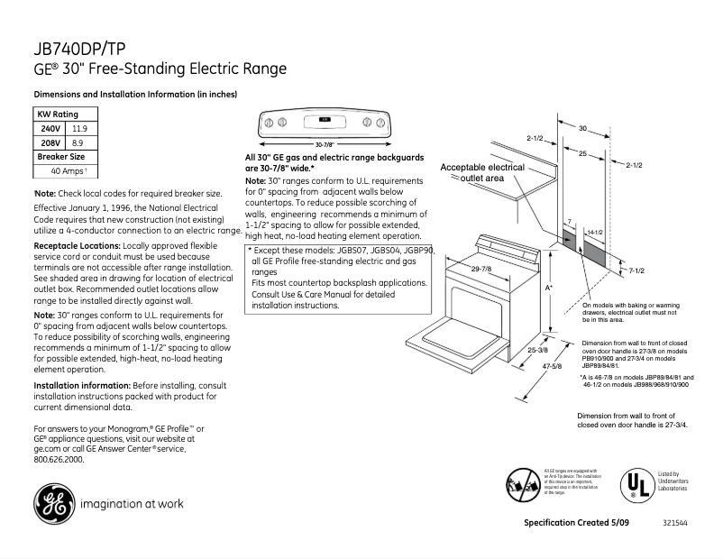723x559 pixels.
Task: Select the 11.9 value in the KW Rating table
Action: coord(80,129)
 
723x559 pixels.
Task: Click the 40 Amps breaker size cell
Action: coord(69,170)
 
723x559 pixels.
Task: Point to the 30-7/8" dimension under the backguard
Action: coord(325,144)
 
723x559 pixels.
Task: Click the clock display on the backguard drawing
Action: coord(325,120)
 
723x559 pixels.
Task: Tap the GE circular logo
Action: coord(54,503)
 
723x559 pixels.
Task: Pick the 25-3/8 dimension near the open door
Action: coord(538,349)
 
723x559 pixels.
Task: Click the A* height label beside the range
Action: coord(549,288)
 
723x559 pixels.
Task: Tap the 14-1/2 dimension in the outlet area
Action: coord(595,233)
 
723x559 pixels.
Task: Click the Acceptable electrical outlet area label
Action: coord(482,173)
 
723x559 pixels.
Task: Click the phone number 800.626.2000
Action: coord(59,459)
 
